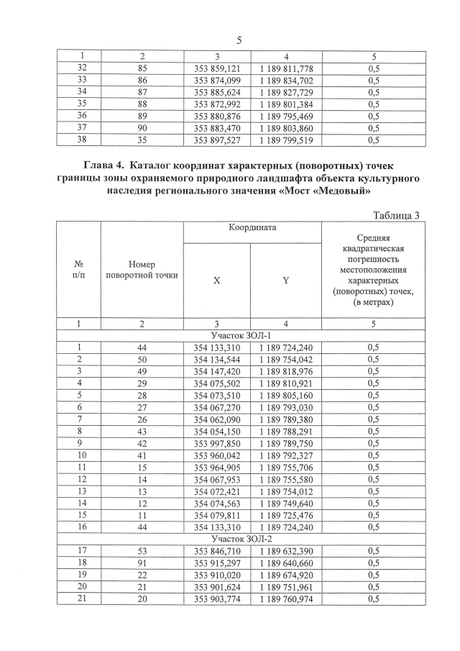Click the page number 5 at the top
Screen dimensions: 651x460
click(239, 41)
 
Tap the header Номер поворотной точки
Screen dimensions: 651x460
click(142, 270)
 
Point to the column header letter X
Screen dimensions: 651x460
click(216, 281)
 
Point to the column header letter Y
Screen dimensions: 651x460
click(285, 281)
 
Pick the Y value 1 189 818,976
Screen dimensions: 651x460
click(286, 372)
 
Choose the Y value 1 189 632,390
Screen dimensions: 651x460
click(286, 550)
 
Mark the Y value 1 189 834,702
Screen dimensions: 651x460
click(286, 81)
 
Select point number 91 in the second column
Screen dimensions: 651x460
click(142, 563)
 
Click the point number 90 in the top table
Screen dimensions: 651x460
click(142, 129)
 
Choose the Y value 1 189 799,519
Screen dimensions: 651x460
click(286, 141)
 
